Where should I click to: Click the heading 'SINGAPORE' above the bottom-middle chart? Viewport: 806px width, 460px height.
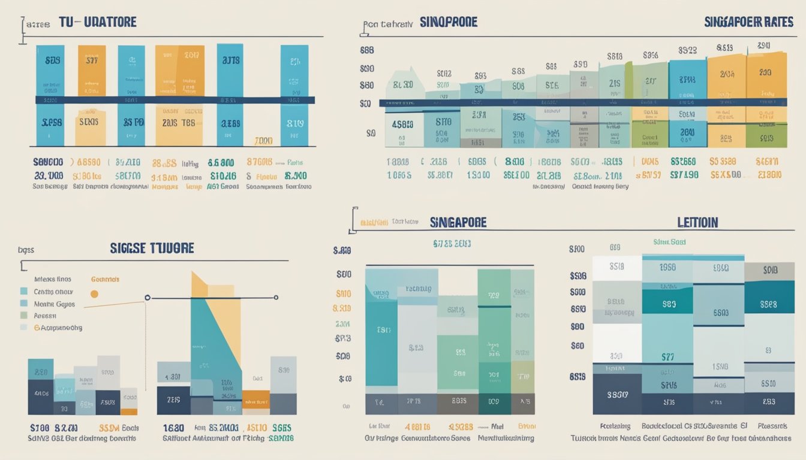click(x=458, y=222)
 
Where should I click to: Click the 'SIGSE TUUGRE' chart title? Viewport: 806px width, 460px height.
click(x=152, y=248)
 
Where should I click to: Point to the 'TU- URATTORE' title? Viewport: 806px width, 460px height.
click(x=97, y=22)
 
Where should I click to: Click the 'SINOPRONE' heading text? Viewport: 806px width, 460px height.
click(x=449, y=22)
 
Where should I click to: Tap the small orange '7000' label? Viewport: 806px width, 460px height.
click(x=263, y=141)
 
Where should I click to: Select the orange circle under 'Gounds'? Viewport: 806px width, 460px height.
click(x=94, y=293)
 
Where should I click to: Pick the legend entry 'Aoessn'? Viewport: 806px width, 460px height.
click(x=45, y=315)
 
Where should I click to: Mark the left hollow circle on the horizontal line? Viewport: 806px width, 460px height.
click(x=148, y=297)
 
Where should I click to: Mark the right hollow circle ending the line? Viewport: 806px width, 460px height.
click(x=276, y=297)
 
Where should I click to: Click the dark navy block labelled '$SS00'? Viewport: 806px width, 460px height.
click(x=617, y=395)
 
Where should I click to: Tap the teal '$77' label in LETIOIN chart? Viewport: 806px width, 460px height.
click(x=668, y=358)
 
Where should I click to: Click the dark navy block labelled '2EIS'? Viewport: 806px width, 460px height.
click(x=174, y=400)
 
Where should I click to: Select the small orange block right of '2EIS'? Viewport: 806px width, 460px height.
click(x=256, y=398)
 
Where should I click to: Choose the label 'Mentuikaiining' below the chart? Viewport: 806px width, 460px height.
click(x=506, y=438)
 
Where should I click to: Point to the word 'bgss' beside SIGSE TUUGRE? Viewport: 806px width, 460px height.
click(x=25, y=250)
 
